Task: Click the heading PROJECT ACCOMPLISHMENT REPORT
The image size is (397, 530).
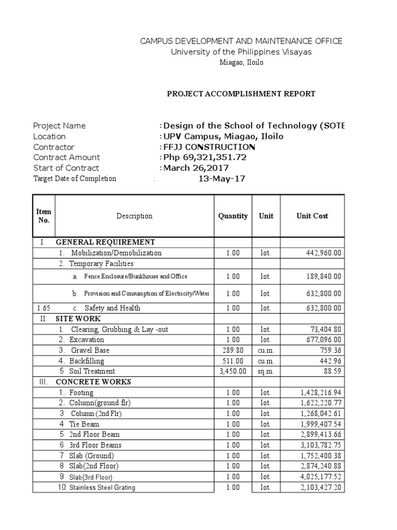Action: point(240,94)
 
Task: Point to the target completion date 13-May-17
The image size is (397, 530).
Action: point(222,179)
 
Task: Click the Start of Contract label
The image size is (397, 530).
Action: point(66,168)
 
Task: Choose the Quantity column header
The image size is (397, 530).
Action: point(233,216)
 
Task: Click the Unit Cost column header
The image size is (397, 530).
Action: point(312,216)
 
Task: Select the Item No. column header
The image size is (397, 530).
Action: point(44,216)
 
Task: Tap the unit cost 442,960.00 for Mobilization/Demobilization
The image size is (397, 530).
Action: point(323,253)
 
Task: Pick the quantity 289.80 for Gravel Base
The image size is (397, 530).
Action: point(233,350)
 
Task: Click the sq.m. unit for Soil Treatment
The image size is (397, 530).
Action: point(266,372)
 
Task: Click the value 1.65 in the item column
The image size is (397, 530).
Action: point(43,308)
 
